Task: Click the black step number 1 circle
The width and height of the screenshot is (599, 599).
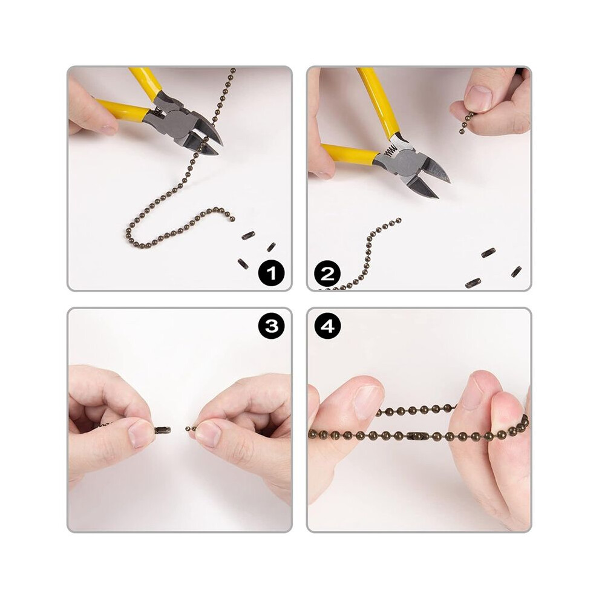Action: pos(271,273)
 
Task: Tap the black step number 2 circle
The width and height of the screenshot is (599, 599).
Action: pos(327,273)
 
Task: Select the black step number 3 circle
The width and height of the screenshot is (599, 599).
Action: pos(271,326)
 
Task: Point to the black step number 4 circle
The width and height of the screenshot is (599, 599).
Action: pos(327,326)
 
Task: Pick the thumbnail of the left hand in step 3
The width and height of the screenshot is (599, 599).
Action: pos(140,434)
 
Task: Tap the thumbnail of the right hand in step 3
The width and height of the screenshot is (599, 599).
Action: pos(209,434)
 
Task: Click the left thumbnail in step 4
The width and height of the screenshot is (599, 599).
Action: pos(368,401)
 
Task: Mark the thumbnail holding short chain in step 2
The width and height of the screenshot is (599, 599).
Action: pos(477,98)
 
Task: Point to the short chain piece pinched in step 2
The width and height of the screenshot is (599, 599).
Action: pos(466,123)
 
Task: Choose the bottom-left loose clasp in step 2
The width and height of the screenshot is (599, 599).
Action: pos(473,283)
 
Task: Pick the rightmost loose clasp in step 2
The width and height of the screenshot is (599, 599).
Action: pos(516,272)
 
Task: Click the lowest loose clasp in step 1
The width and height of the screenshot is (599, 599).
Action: pos(243,264)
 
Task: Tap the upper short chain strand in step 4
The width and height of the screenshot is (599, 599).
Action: pos(416,410)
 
